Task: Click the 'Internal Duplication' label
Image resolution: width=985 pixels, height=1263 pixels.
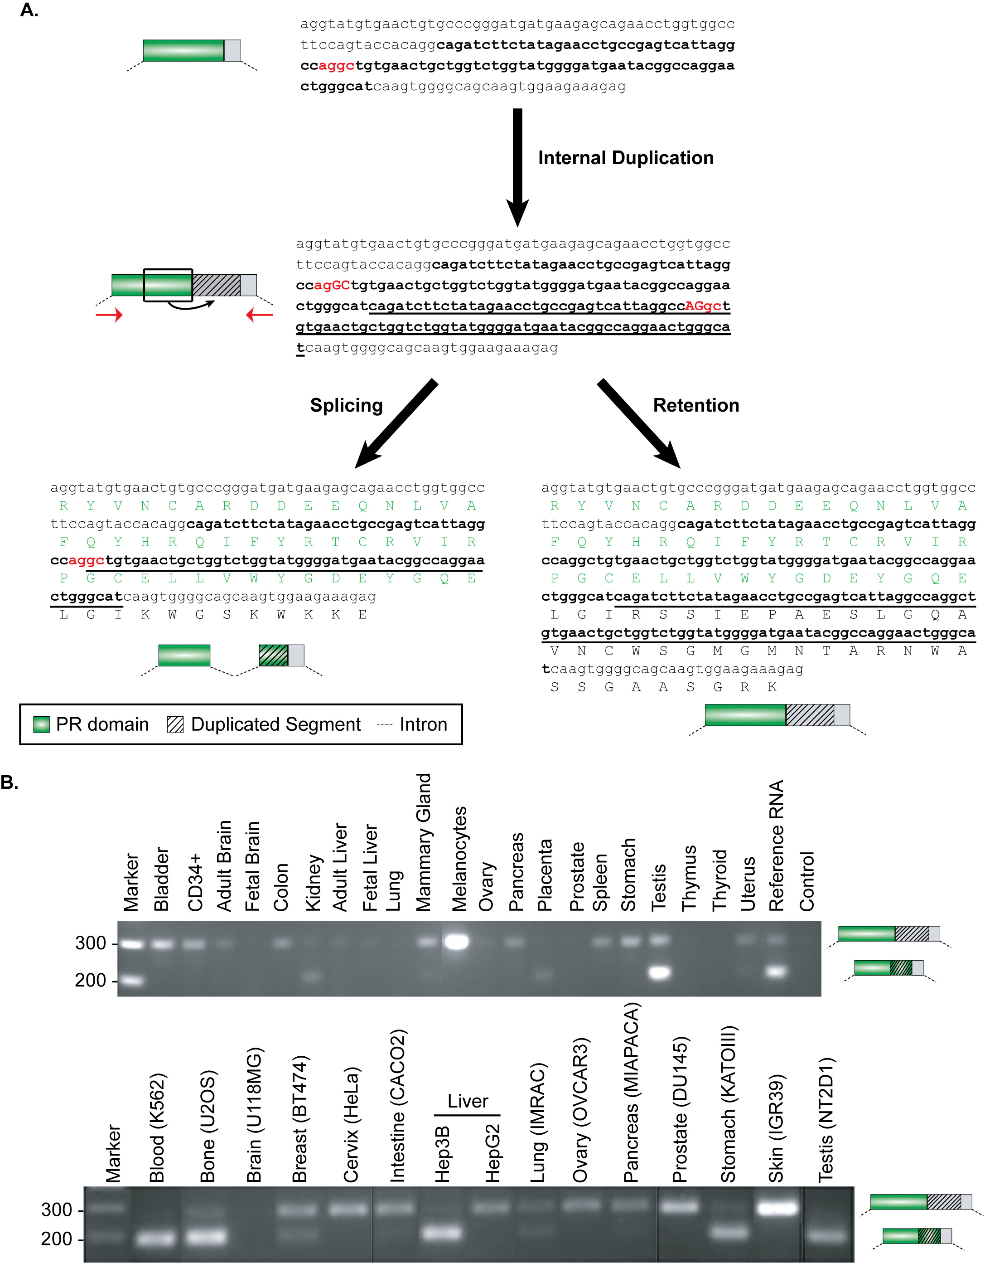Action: click(x=625, y=158)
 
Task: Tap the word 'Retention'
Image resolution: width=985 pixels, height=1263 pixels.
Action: click(x=696, y=405)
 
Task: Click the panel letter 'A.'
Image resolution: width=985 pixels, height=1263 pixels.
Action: click(x=29, y=10)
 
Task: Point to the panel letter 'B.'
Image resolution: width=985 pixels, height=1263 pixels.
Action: click(x=10, y=782)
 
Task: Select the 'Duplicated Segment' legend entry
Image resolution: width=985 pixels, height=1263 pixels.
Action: click(x=264, y=724)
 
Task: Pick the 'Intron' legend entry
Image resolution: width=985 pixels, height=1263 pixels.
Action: click(x=411, y=724)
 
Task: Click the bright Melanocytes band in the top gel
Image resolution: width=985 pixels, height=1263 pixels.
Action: click(x=457, y=942)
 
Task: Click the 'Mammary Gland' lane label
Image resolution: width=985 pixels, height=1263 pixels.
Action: click(x=424, y=842)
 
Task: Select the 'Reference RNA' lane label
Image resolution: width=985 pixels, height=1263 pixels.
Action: click(x=776, y=845)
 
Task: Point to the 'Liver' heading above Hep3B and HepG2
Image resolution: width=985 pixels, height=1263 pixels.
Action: click(x=468, y=1101)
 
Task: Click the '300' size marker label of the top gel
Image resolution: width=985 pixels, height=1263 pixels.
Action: click(x=91, y=943)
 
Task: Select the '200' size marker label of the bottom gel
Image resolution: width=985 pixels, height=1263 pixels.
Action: click(x=57, y=1239)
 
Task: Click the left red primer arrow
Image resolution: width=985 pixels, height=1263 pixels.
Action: click(x=109, y=315)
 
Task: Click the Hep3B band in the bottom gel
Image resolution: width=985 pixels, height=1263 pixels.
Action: click(x=443, y=1232)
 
